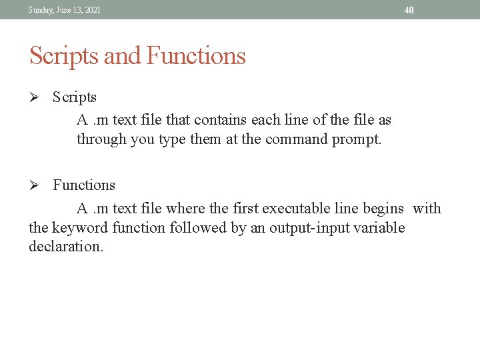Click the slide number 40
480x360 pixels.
[x=409, y=10]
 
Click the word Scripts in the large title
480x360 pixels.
[x=64, y=56]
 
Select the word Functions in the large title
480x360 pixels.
[x=196, y=56]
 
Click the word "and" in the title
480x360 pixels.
[x=122, y=56]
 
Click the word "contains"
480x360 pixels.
[x=222, y=120]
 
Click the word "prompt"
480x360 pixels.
[x=357, y=139]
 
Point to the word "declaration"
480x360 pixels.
[x=66, y=247]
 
